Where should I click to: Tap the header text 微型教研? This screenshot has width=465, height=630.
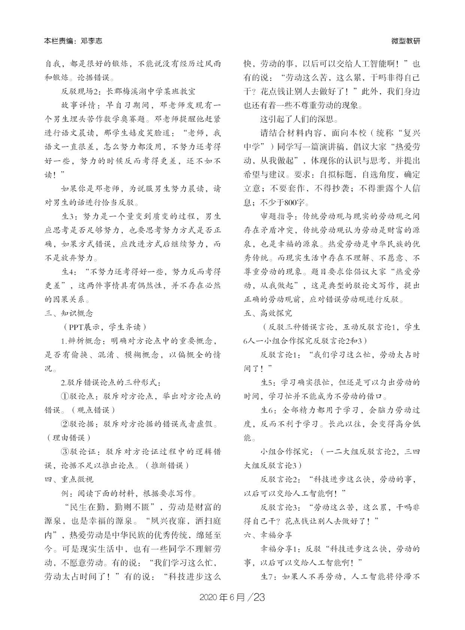[x=406, y=41]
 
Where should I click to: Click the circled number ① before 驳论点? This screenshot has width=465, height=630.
[x=65, y=397]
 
